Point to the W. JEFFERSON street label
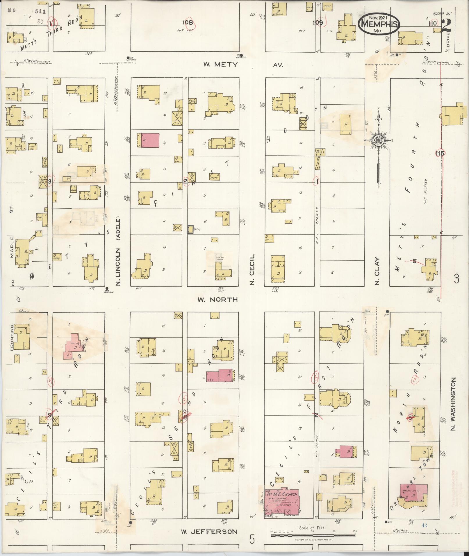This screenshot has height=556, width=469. [209, 532]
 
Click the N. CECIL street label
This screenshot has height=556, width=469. [252, 269]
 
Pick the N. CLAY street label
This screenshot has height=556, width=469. [377, 271]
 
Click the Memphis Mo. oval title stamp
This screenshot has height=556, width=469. [379, 24]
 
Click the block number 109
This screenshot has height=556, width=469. [318, 23]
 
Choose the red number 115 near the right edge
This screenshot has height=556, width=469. [440, 153]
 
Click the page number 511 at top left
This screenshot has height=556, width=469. [40, 12]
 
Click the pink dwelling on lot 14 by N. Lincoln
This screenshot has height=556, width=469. [150, 140]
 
